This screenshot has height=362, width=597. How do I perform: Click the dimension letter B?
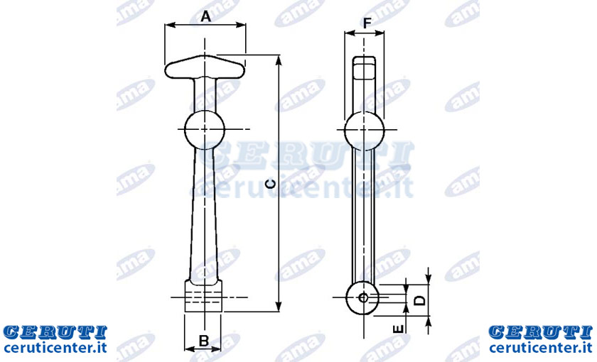pyautogui.click(x=204, y=340)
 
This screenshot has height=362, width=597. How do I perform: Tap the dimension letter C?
pyautogui.click(x=270, y=184)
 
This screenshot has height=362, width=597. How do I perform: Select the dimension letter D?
pyautogui.click(x=419, y=300)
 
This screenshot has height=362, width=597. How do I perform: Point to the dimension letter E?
pyautogui.click(x=398, y=329)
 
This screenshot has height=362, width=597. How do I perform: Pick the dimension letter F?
pyautogui.click(x=367, y=23)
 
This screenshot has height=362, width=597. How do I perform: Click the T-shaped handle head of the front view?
pyautogui.click(x=205, y=67)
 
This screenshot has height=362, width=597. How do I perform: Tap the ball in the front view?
pyautogui.click(x=205, y=130)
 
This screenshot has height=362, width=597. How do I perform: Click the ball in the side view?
pyautogui.click(x=364, y=131)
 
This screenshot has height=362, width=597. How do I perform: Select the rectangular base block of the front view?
pyautogui.click(x=203, y=296)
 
